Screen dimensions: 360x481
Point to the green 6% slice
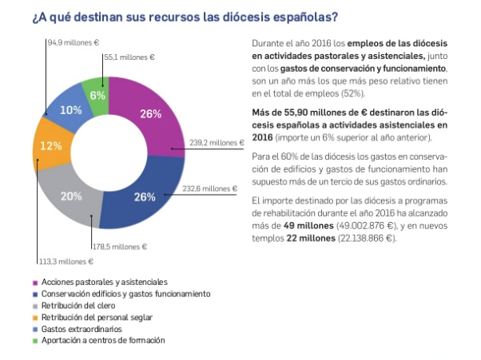pyautogui.click(x=99, y=95)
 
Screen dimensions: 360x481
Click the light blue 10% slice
pyautogui.click(x=68, y=109)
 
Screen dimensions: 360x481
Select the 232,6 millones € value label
pyautogui.click(x=210, y=189)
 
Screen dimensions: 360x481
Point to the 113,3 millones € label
pyautogui.click(x=66, y=261)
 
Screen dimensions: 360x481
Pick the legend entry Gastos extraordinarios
pyautogui.click(x=82, y=329)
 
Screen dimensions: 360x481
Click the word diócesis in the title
pyautogui.click(x=235, y=16)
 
